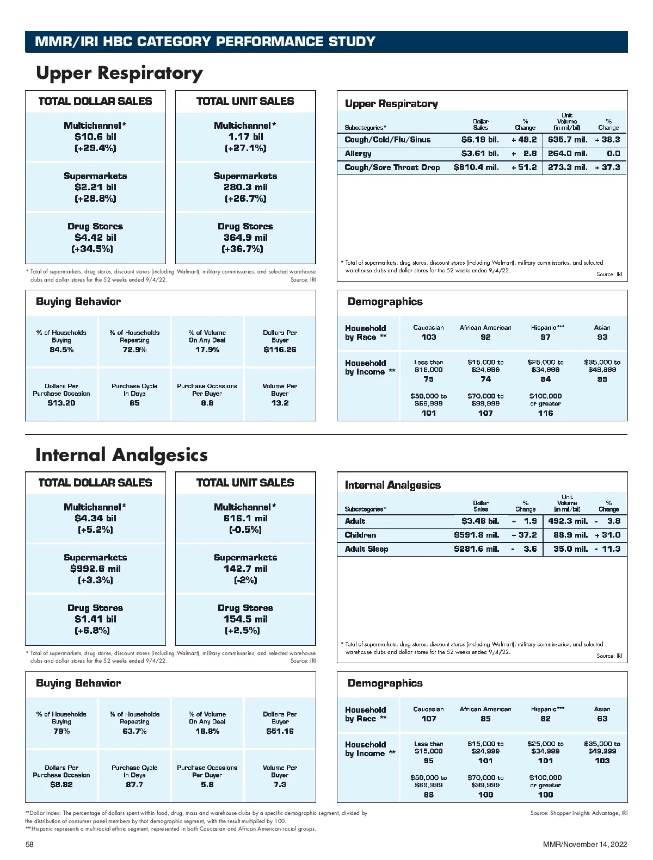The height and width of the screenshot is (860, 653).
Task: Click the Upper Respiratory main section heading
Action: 119,73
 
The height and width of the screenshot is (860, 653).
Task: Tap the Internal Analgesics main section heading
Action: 121,454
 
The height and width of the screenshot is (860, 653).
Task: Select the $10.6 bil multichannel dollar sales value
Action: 95,136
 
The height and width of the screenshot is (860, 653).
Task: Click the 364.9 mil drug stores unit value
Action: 245,238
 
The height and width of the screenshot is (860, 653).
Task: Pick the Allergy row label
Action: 358,154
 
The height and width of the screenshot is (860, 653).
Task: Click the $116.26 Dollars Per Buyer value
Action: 280,350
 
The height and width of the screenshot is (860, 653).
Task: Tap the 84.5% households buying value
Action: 61,350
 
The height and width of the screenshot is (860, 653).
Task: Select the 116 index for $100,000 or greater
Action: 545,413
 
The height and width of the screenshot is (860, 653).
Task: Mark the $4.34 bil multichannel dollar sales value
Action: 95,518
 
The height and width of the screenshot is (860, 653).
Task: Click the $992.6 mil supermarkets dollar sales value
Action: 95,569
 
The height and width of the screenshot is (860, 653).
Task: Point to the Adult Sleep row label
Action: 366,549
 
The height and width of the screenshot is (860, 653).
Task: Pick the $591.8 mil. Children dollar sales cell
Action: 476,535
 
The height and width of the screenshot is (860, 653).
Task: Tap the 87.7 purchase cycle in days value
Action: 134,784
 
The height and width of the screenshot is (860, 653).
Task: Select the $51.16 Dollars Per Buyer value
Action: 280,731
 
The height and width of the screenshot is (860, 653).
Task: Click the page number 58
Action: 30,844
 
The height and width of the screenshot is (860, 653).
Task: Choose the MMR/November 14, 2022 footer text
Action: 585,844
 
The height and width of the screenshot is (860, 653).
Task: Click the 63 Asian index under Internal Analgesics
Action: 602,719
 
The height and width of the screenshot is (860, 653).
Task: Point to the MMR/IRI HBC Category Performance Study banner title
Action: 205,42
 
